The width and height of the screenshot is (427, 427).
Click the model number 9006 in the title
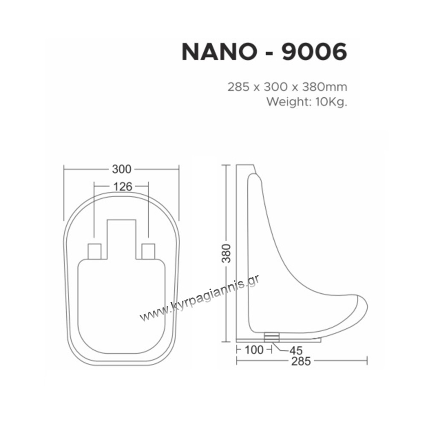coord(314,52)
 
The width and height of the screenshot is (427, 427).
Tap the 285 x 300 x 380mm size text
coord(287,87)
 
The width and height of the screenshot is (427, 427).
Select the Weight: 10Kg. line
coord(307,102)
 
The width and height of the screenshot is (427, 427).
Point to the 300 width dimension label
coord(121,169)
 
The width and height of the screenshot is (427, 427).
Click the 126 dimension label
coord(123,187)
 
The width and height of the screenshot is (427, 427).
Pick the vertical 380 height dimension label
coord(226,253)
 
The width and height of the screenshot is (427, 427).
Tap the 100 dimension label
coord(254,350)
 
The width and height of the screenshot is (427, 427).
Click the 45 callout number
coord(296,351)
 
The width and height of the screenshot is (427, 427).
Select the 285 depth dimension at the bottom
coord(301,361)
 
